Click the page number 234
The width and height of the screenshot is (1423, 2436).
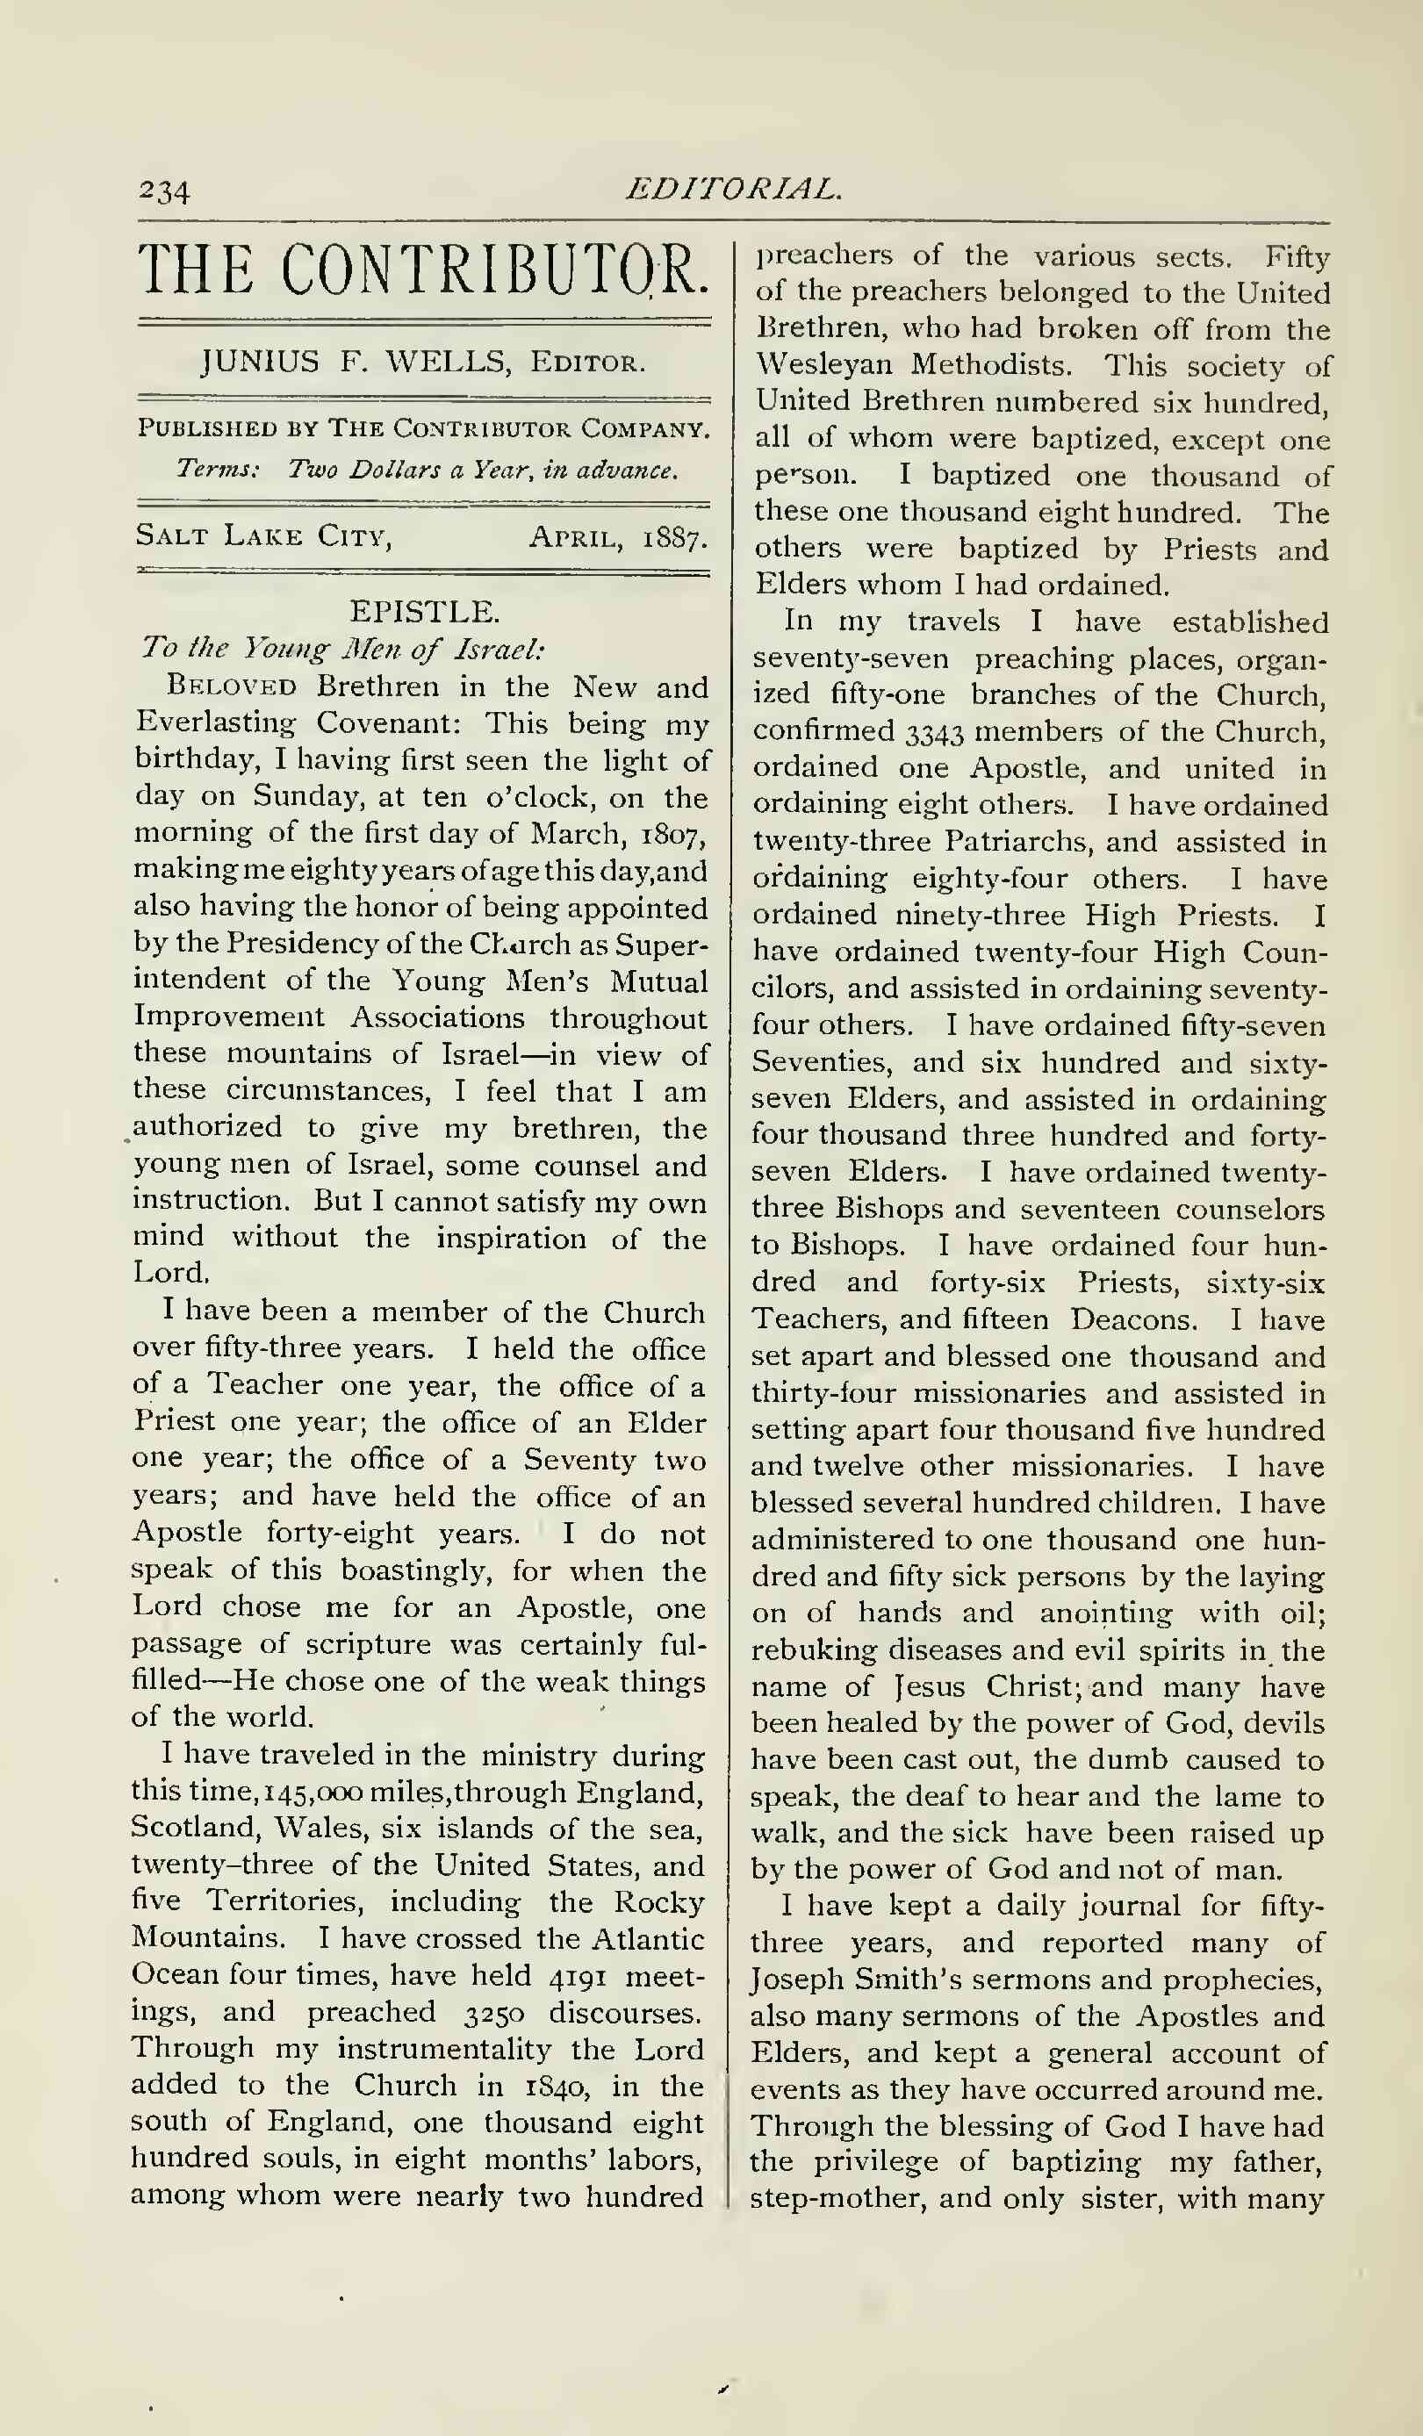[x=163, y=190]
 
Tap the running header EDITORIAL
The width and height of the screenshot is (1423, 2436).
[x=733, y=189]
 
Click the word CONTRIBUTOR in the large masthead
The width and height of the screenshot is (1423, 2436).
[x=496, y=270]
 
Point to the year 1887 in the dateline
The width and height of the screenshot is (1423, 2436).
[x=675, y=536]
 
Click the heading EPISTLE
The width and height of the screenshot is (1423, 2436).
[x=424, y=611]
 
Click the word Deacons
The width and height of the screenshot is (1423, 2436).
[x=1132, y=1319]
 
